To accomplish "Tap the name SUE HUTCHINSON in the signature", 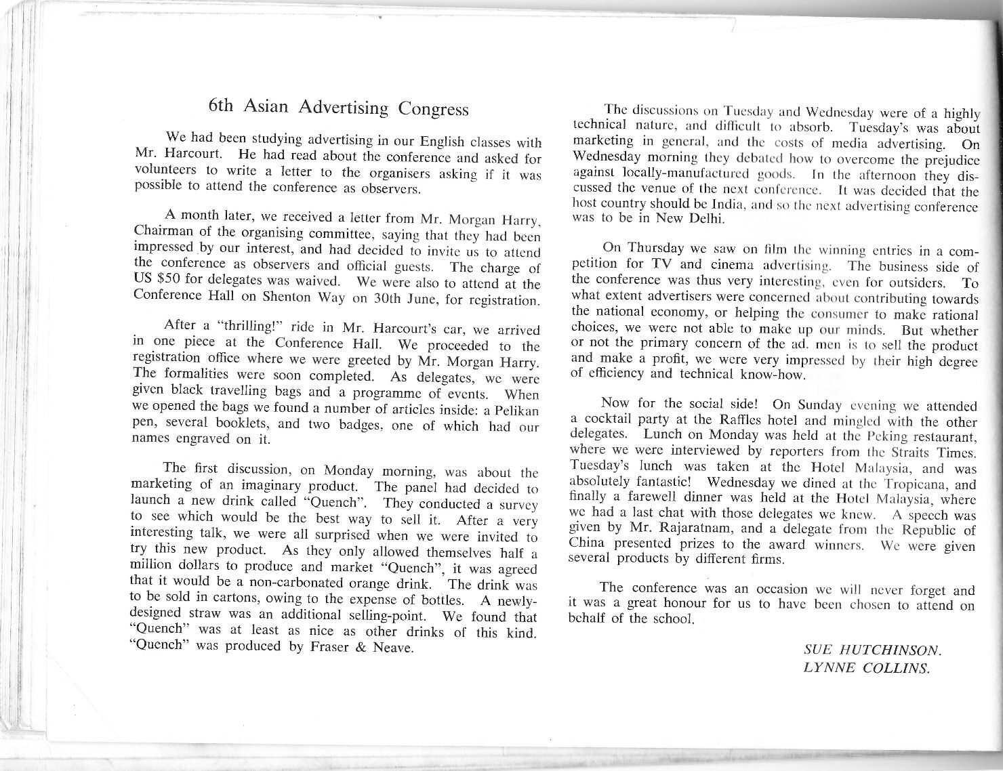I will click(x=872, y=650).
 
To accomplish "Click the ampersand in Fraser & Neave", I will click(x=361, y=646).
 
